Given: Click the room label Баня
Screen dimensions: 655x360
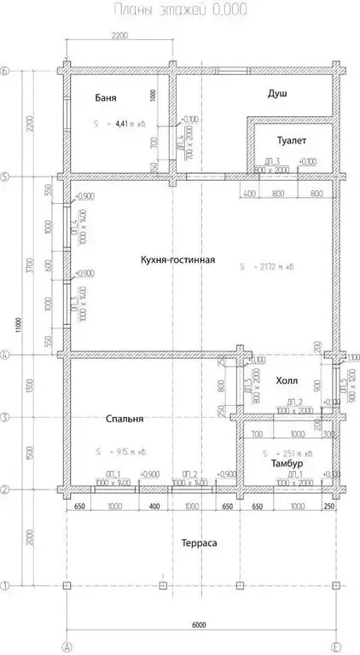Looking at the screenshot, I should [x=106, y=99].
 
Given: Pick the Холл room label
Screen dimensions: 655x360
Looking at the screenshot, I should [x=287, y=381].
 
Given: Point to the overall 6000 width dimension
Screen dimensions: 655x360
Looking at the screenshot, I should [x=200, y=625].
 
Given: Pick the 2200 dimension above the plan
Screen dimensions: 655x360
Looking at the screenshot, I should [x=119, y=35].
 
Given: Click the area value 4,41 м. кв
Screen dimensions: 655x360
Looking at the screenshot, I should [x=128, y=124].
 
